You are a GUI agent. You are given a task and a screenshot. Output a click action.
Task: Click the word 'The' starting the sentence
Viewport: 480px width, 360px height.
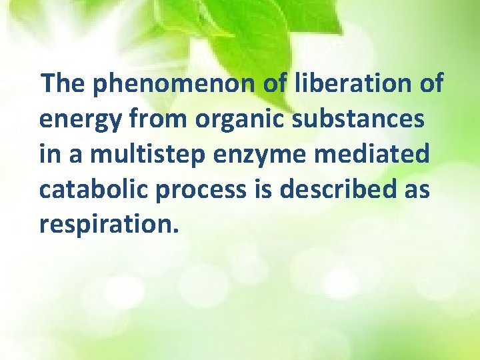tap(65, 84)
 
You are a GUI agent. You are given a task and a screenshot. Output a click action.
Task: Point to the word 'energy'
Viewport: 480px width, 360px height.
tap(80, 120)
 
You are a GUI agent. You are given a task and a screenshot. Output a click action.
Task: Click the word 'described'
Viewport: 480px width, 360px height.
tap(336, 189)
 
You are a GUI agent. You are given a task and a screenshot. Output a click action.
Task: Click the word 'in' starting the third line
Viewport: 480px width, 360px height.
tap(49, 155)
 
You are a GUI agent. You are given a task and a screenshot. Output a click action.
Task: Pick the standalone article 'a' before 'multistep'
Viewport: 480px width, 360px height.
tap(74, 155)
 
